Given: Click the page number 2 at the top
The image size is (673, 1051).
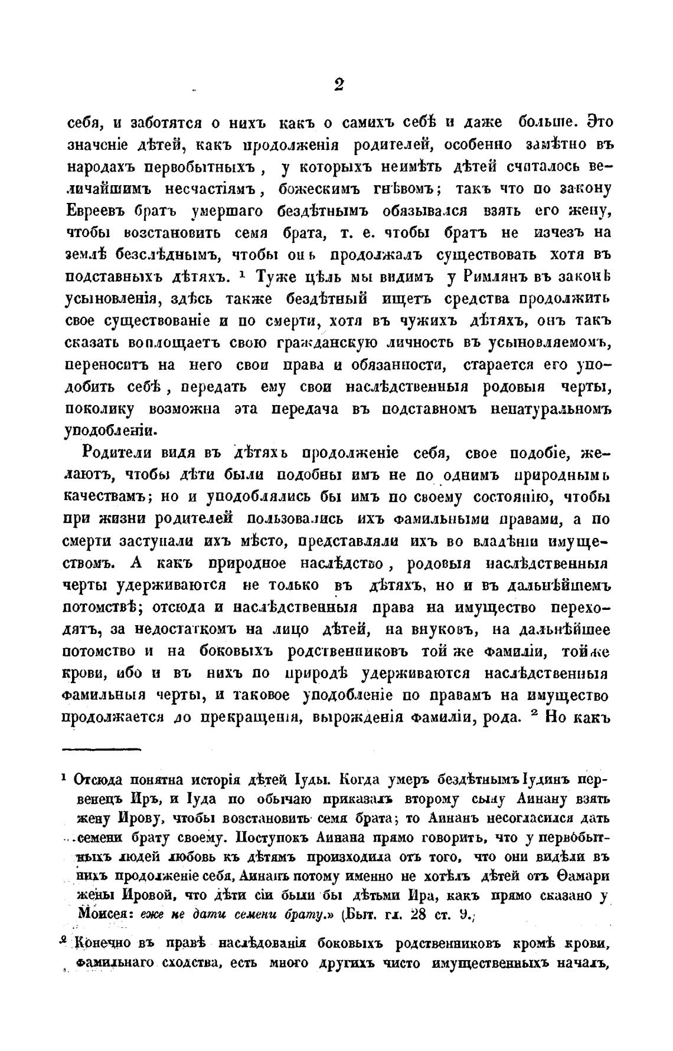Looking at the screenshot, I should coord(339,85).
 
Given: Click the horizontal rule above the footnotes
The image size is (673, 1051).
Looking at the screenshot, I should coord(101,750).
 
